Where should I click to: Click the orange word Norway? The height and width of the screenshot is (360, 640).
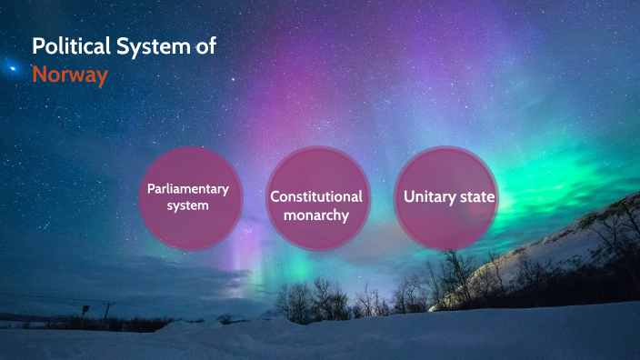tap(70, 75)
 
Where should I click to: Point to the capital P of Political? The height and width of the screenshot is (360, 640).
tap(38, 46)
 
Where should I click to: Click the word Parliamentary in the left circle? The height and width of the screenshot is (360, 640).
tap(188, 189)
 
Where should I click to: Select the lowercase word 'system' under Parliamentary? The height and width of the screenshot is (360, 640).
tap(188, 205)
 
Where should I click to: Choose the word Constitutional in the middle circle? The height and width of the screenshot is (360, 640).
tap(315, 196)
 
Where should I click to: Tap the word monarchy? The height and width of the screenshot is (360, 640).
tap(315, 215)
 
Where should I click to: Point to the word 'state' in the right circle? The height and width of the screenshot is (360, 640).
tap(479, 196)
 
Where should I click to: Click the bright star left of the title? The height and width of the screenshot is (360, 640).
tap(12, 67)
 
